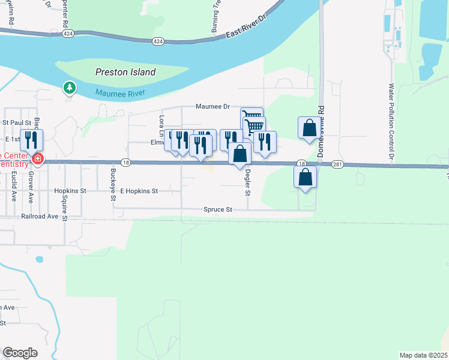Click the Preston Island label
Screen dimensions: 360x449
coord(125,72)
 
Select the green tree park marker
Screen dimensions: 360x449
coord(70,88)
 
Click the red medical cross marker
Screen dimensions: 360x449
coord(38,159)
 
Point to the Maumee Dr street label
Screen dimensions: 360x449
coord(212,106)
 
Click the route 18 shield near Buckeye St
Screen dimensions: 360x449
coord(125,162)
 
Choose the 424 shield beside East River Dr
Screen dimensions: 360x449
coord(158,41)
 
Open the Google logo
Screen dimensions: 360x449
coord(20,352)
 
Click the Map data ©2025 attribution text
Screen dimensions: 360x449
coord(423,355)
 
